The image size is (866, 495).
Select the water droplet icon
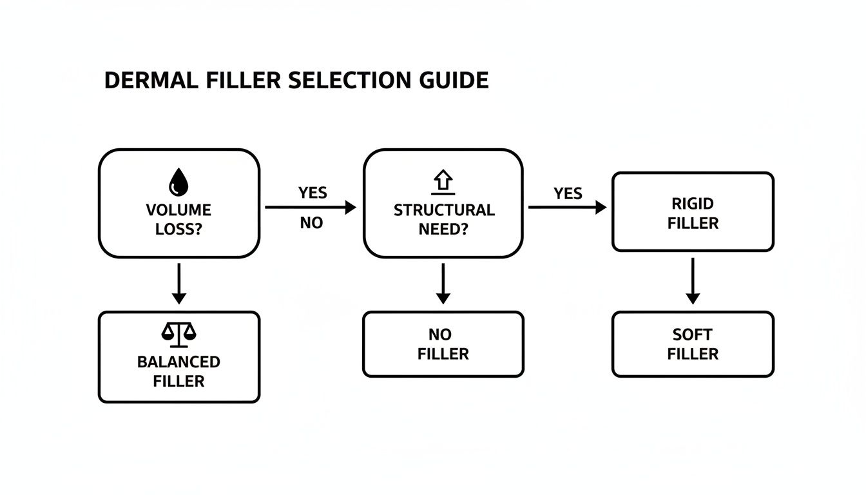pos(178,182)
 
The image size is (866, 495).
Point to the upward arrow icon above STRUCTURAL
pos(444,183)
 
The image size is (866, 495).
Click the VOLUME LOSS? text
pos(178,219)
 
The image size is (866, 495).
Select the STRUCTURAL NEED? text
pos(444,219)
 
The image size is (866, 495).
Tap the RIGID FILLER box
pos(692,212)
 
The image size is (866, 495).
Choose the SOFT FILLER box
pos(692,344)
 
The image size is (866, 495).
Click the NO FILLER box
pos(443,344)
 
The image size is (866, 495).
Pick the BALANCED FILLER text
pos(178,371)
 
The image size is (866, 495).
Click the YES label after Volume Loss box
pos(313,193)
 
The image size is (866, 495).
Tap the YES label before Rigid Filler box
pos(568,193)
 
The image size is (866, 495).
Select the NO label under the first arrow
pos(311,224)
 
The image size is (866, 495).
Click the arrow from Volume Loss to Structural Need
pos(311,208)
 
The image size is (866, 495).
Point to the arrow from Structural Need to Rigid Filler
pos(567,208)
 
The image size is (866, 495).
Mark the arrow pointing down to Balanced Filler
pos(179,283)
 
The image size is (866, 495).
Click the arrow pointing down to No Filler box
pos(443,283)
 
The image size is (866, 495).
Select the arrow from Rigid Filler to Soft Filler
pos(693,281)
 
